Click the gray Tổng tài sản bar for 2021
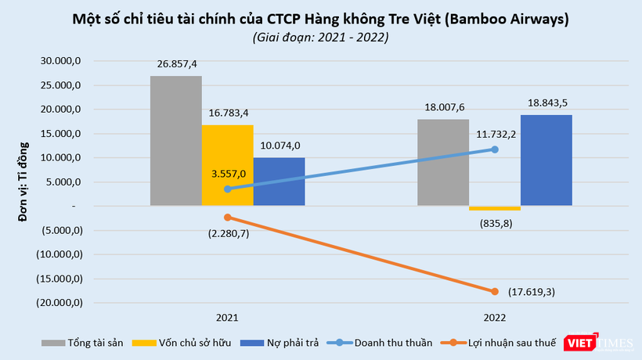point(175,141)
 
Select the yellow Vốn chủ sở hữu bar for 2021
point(227,165)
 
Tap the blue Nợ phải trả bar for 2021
point(280,182)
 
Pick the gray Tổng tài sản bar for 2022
point(443,163)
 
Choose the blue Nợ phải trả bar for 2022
point(546,160)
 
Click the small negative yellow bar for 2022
point(494,208)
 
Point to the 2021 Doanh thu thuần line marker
point(227,189)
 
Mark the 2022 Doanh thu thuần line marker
point(495,149)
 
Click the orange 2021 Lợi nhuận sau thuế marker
point(227,217)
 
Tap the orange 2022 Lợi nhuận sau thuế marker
point(495,291)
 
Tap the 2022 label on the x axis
point(494,318)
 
